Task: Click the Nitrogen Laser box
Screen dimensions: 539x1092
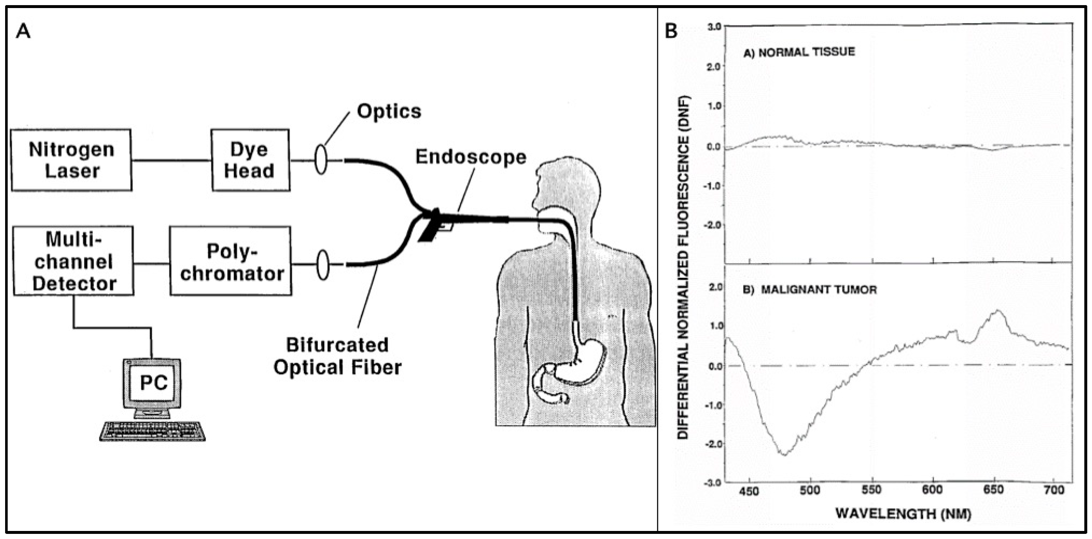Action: click(71, 160)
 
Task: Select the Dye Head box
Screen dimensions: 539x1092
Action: click(250, 160)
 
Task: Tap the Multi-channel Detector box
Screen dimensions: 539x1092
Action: click(74, 261)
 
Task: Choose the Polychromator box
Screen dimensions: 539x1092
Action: click(231, 261)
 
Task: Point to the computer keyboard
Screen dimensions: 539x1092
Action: click(152, 431)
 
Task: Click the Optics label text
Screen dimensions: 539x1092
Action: click(389, 111)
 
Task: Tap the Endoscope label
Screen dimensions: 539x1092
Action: click(471, 157)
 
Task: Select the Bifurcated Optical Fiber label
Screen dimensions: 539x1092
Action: click(338, 356)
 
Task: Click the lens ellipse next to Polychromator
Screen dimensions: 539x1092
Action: click(323, 265)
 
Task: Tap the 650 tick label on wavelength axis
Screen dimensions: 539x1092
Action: click(993, 490)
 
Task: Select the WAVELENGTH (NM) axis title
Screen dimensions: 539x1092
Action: click(903, 514)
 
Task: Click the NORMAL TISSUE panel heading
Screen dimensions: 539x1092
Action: click(799, 52)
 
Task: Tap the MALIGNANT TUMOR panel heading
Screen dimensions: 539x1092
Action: click(810, 290)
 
